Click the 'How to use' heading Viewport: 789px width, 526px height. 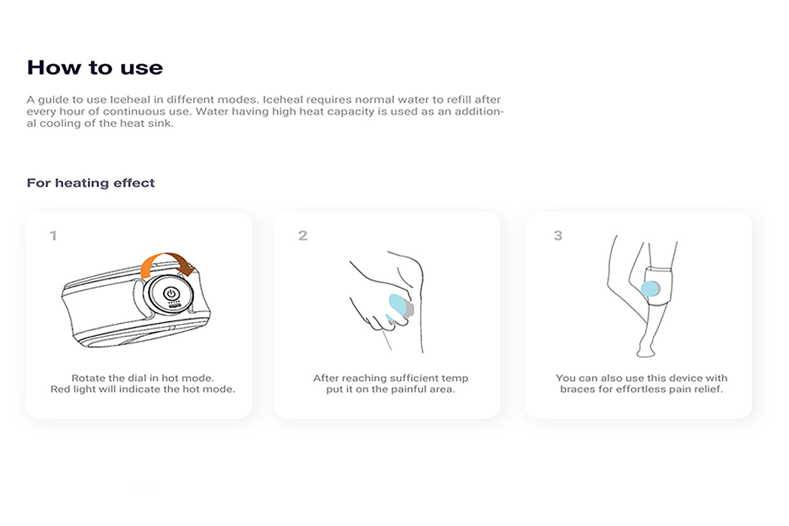95,68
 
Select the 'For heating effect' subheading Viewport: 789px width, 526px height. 91,183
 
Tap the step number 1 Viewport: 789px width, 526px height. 53,235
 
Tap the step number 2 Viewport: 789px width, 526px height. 302,235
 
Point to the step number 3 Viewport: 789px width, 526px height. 558,235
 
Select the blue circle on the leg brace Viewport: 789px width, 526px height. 650,289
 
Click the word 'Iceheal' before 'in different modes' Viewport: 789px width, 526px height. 130,100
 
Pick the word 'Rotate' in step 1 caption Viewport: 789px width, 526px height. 88,378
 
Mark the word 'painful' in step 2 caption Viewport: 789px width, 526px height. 407,389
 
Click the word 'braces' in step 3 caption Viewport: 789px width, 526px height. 578,389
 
